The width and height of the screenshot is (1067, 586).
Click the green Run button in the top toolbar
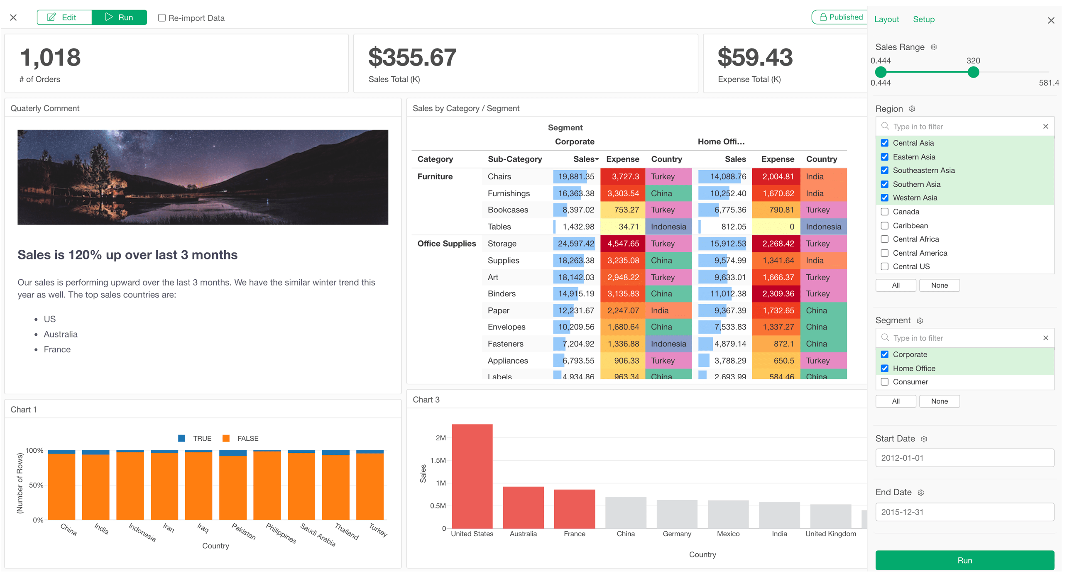pos(119,17)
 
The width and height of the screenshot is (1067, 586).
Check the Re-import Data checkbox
pos(162,18)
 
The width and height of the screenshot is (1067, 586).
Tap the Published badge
pos(840,17)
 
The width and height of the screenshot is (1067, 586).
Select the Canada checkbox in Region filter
pos(885,212)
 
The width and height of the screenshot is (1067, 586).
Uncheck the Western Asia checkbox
pos(885,198)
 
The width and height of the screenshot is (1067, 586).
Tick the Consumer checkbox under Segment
pos(885,382)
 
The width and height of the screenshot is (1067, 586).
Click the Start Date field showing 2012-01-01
pos(964,458)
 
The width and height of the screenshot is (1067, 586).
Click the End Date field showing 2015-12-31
pos(964,512)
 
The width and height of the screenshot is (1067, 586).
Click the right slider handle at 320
pos(973,72)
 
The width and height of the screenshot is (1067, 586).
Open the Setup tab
pos(923,19)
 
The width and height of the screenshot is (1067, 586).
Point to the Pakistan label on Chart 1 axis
pos(244,531)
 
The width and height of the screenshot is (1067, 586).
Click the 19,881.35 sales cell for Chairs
pos(575,177)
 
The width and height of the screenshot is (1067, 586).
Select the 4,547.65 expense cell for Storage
pos(622,244)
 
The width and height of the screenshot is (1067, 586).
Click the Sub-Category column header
pos(514,159)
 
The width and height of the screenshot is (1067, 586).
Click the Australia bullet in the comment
pos(61,334)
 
